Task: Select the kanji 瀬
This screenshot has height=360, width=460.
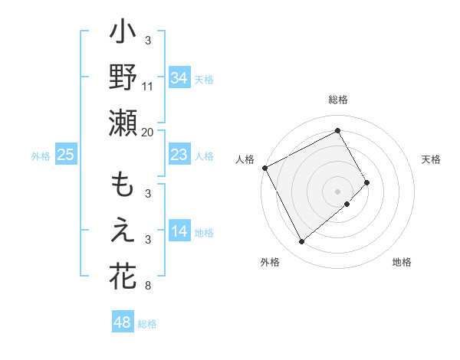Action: pos(123,123)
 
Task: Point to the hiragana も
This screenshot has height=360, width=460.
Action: pos(123,186)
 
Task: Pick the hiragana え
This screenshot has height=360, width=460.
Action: pos(123,231)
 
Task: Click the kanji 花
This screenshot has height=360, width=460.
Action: pos(123,275)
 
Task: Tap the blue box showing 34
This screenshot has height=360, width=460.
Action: pos(179,77)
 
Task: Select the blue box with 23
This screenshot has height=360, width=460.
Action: pos(179,155)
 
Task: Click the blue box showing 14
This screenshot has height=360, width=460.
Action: pos(179,232)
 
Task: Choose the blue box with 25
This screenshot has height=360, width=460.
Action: pos(65,155)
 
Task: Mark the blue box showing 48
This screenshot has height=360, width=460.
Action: pos(123,322)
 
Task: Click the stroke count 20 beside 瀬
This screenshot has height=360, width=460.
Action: pos(148,132)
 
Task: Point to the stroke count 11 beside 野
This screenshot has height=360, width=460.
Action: pos(148,87)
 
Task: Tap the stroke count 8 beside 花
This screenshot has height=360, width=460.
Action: pos(148,286)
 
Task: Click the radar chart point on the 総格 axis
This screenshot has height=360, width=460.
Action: pos(338,130)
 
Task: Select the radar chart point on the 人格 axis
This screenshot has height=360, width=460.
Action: pos(264,168)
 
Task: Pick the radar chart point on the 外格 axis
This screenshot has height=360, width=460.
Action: pos(301,242)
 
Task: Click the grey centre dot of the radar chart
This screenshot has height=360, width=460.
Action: pos(338,191)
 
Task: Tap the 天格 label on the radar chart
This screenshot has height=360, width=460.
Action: pos(432,159)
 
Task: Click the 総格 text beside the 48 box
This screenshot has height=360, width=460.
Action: pos(147,324)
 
